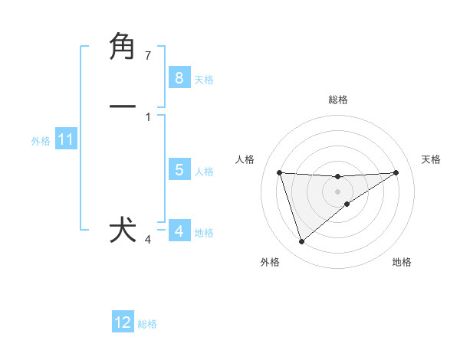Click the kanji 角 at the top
(123, 47)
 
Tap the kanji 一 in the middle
(123, 107)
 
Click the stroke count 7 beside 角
(148, 56)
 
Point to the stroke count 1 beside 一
(148, 117)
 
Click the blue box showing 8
(179, 77)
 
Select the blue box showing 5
(179, 170)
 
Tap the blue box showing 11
(65, 139)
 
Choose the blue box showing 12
(123, 322)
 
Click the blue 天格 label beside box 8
(204, 79)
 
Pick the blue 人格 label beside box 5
(204, 172)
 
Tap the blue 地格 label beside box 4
(204, 233)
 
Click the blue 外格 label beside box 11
(40, 141)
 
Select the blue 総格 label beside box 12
(147, 324)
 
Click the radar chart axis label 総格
(338, 100)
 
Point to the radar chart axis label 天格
(432, 159)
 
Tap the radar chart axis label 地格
(402, 262)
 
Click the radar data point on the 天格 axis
(396, 172)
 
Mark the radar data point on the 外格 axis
(302, 242)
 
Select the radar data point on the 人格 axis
(280, 172)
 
